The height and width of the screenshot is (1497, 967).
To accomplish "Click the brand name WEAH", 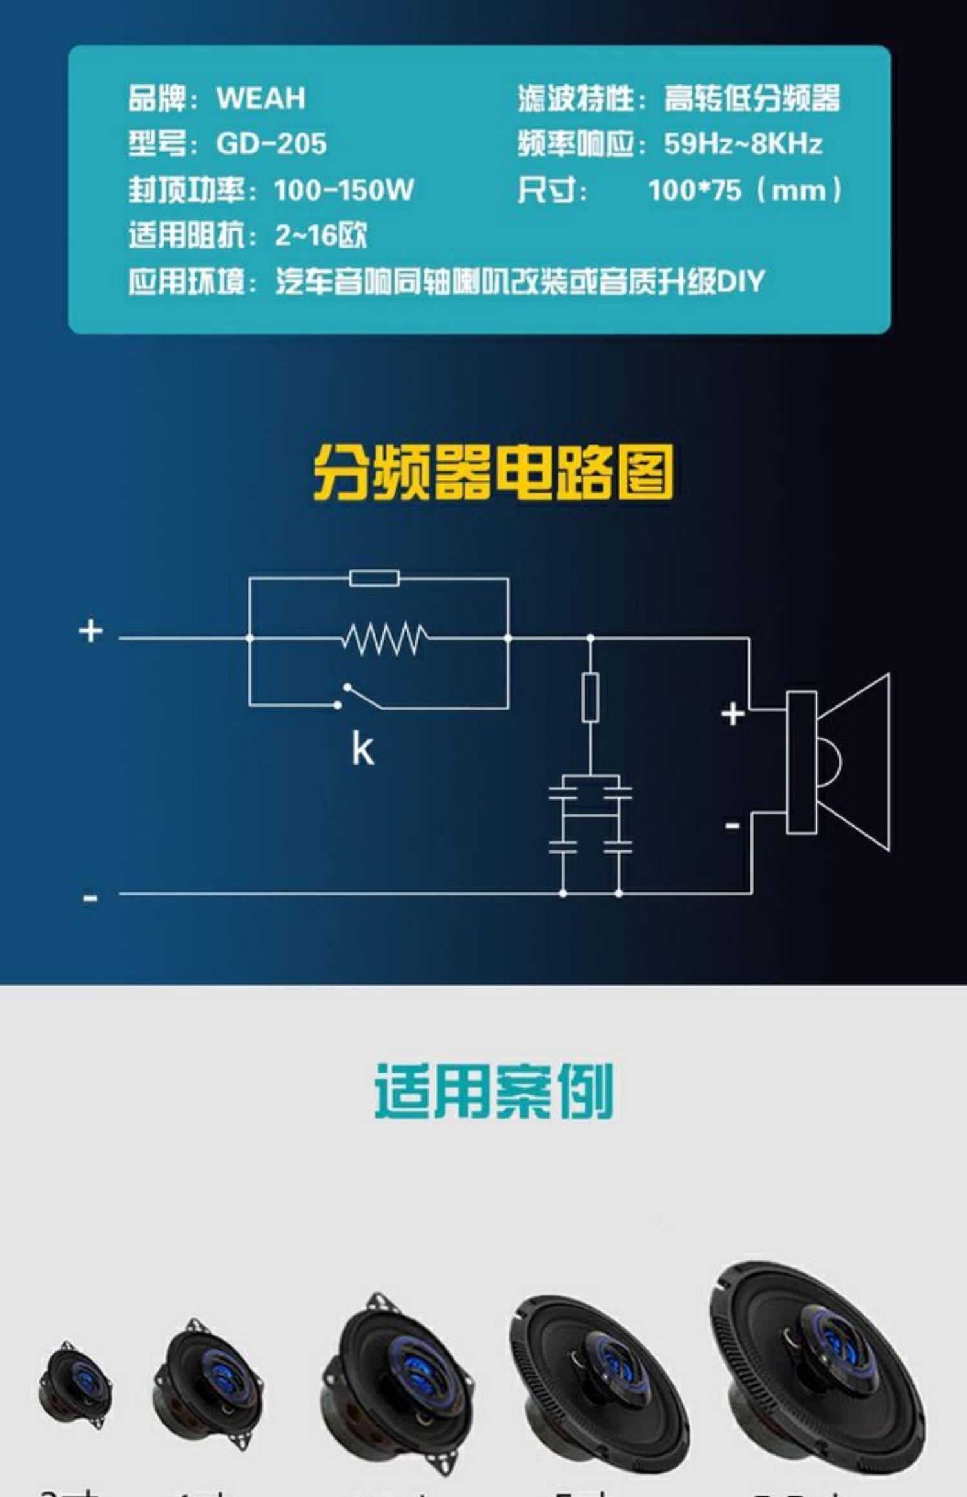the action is [260, 98].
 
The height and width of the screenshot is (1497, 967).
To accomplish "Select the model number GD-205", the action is [271, 144].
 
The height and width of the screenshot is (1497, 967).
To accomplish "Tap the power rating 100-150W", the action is [343, 190].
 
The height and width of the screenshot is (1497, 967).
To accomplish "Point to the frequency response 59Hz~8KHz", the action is [743, 144].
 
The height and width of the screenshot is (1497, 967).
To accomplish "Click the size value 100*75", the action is [694, 190].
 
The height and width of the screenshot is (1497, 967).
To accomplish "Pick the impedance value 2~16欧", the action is [320, 236].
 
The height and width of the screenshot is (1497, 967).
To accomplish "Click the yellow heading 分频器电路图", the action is [493, 473].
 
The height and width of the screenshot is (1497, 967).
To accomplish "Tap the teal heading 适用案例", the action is [493, 1091].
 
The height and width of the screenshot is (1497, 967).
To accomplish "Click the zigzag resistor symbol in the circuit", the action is [384, 638].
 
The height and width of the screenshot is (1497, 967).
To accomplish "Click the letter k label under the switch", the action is [362, 749].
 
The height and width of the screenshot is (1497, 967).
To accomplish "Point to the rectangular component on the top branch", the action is [374, 578].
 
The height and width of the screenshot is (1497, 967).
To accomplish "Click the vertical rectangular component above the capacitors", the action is [590, 697].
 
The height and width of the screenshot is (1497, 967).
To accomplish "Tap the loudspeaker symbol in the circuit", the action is [838, 762].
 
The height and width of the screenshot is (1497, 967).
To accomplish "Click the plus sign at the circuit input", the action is [91, 631].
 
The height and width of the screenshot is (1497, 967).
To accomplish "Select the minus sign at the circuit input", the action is [90, 897].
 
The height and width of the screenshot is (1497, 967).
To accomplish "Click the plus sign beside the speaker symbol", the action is [732, 714].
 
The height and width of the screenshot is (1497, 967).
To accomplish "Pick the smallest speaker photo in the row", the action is [75, 1384].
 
